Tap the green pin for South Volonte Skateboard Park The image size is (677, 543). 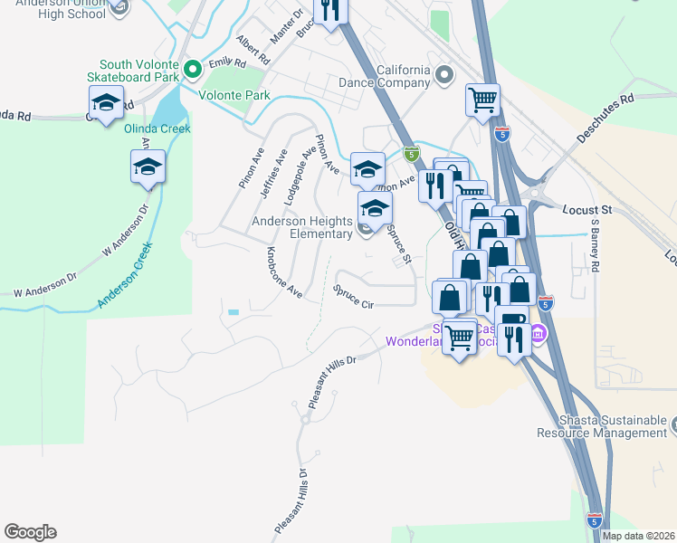191,70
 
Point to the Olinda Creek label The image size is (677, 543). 157,129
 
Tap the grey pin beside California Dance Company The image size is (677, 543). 443,75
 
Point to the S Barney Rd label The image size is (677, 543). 596,244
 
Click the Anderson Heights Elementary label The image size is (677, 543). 301,227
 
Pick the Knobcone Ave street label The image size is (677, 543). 283,272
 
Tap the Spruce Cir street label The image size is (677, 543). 353,297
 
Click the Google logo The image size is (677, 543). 30,532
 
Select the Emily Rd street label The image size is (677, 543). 227,63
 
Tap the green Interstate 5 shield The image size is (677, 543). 411,154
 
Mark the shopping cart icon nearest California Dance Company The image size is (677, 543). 482,99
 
